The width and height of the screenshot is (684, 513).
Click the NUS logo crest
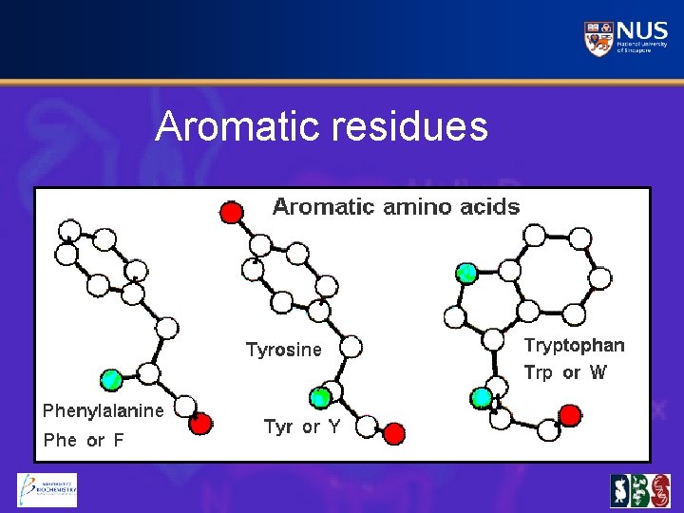pyautogui.click(x=598, y=38)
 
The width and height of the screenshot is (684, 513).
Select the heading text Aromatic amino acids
pyautogui.click(x=396, y=206)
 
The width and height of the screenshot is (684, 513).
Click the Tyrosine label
pyautogui.click(x=284, y=350)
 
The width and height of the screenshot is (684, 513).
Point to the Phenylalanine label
pyautogui.click(x=103, y=410)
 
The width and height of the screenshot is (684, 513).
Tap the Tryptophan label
pyautogui.click(x=575, y=345)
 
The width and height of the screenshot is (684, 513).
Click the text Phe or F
pyautogui.click(x=84, y=441)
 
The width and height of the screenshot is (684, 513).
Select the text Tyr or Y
pyautogui.click(x=302, y=427)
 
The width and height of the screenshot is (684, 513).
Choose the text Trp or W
pyautogui.click(x=565, y=372)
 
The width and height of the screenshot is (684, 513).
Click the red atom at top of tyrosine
pyautogui.click(x=230, y=212)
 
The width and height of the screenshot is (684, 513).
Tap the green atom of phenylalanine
pyautogui.click(x=112, y=380)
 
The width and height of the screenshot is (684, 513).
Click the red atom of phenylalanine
pyautogui.click(x=199, y=424)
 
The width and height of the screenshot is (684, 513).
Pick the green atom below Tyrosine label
pyautogui.click(x=321, y=397)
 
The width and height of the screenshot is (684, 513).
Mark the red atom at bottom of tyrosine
pyautogui.click(x=394, y=434)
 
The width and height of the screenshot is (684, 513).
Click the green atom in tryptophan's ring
pyautogui.click(x=465, y=274)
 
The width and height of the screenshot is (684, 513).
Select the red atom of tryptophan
pyautogui.click(x=569, y=414)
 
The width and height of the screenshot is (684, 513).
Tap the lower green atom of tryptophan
pyautogui.click(x=483, y=396)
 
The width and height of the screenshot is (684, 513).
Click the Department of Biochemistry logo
pyautogui.click(x=47, y=490)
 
